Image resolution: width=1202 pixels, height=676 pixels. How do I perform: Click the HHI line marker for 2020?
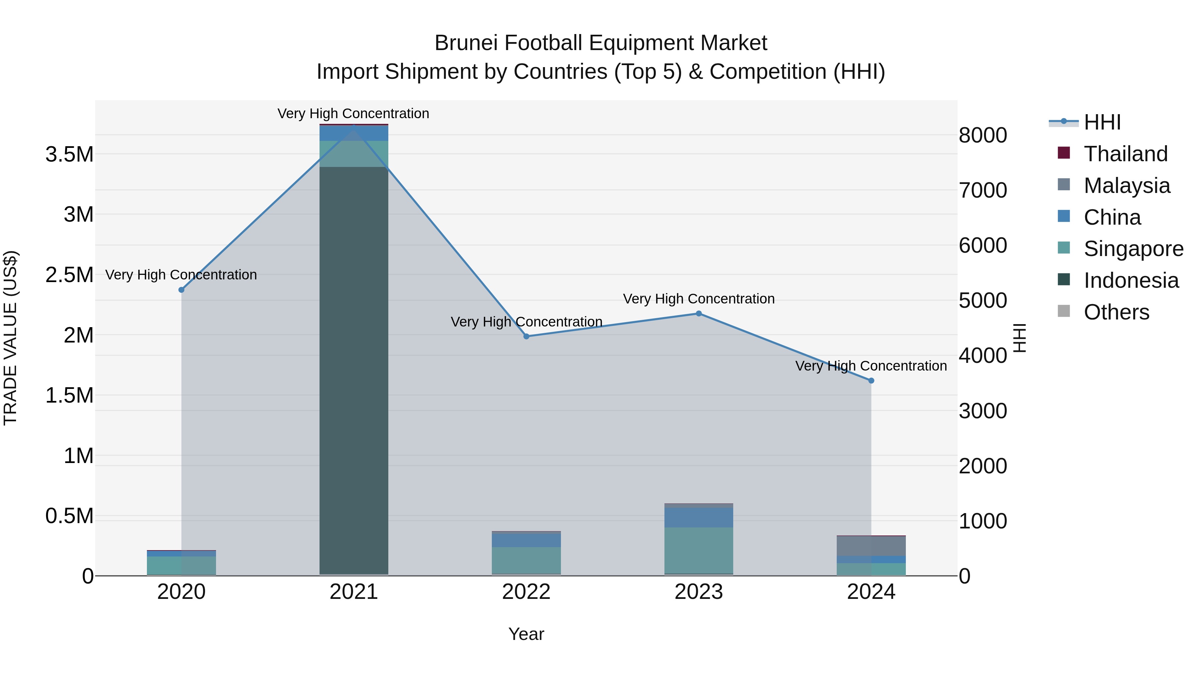click(x=182, y=290)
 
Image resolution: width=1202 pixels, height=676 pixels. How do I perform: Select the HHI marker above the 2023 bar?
click(x=698, y=313)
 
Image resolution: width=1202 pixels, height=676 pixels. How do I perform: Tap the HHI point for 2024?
click(x=871, y=381)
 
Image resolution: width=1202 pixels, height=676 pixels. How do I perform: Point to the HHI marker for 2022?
click(x=526, y=336)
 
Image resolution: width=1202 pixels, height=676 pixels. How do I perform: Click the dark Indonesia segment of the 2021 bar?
click(x=354, y=373)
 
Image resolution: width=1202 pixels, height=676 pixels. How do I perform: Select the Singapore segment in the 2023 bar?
click(x=698, y=550)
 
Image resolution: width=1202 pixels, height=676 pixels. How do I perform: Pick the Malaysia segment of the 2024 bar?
click(x=871, y=546)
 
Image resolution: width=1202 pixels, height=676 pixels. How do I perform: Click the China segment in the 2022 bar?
click(x=526, y=540)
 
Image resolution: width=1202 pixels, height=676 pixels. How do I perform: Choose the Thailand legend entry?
click(x=1126, y=154)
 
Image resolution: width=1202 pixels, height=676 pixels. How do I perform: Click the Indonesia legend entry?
click(x=1131, y=280)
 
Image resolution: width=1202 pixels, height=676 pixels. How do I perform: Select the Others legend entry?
click(x=1116, y=312)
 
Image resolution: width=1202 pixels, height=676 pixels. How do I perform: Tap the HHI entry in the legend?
click(x=1102, y=122)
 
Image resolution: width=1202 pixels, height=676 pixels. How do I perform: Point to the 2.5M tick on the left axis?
click(x=69, y=275)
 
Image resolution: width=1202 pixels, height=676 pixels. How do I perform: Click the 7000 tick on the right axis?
click(x=983, y=190)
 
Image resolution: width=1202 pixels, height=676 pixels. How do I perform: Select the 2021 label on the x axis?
click(x=354, y=592)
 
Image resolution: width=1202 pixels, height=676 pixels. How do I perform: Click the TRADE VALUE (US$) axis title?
click(x=11, y=338)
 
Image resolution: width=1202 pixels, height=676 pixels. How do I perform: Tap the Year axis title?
click(x=526, y=634)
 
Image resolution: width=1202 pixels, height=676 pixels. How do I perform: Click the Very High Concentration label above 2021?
click(x=353, y=114)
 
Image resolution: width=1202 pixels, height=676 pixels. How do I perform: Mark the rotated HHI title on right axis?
click(x=1020, y=338)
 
